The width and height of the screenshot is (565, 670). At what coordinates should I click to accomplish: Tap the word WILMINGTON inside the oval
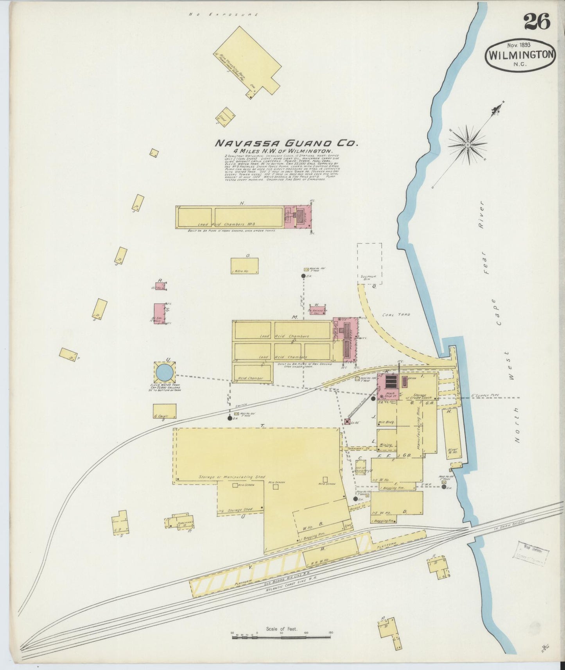520,54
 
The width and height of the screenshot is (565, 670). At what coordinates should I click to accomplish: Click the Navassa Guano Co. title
286,143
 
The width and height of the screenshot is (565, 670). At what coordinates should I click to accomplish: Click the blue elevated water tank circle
164,372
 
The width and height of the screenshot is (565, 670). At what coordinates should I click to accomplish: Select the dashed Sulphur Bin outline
369,263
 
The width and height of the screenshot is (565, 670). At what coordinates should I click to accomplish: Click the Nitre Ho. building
244,266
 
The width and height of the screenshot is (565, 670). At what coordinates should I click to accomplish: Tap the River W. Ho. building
452,434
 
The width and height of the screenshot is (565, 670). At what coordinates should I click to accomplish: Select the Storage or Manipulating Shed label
231,477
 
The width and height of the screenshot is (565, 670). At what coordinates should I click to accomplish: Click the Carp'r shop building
164,411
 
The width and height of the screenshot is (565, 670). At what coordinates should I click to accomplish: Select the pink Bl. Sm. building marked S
159,314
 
